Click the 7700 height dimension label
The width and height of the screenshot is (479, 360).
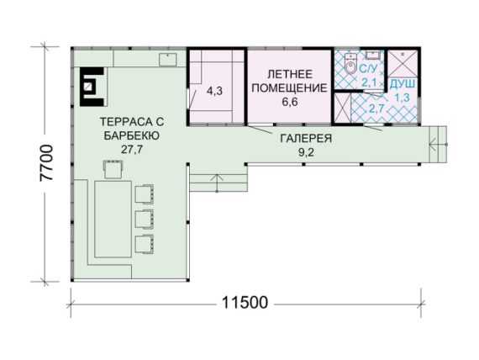(46, 163)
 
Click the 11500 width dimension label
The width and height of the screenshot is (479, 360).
(245, 303)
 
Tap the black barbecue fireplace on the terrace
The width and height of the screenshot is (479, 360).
(92, 87)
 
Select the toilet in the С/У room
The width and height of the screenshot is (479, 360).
(350, 64)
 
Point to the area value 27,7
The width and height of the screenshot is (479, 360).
(132, 150)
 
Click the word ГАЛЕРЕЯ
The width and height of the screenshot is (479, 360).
(306, 139)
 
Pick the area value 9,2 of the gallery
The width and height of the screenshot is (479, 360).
(306, 152)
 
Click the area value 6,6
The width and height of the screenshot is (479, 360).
(290, 102)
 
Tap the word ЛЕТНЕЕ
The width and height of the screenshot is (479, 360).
(290, 74)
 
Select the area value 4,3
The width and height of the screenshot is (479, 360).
(215, 91)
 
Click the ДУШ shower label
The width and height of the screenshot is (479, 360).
(403, 84)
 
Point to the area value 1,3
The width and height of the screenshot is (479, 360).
(402, 98)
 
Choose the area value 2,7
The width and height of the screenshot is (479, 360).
(376, 108)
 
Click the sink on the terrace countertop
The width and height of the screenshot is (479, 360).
(168, 60)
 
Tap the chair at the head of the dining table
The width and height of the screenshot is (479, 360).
(113, 169)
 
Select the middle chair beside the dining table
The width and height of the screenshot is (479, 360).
(145, 220)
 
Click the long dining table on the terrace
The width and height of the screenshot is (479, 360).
(113, 219)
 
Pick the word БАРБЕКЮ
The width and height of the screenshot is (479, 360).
(132, 135)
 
